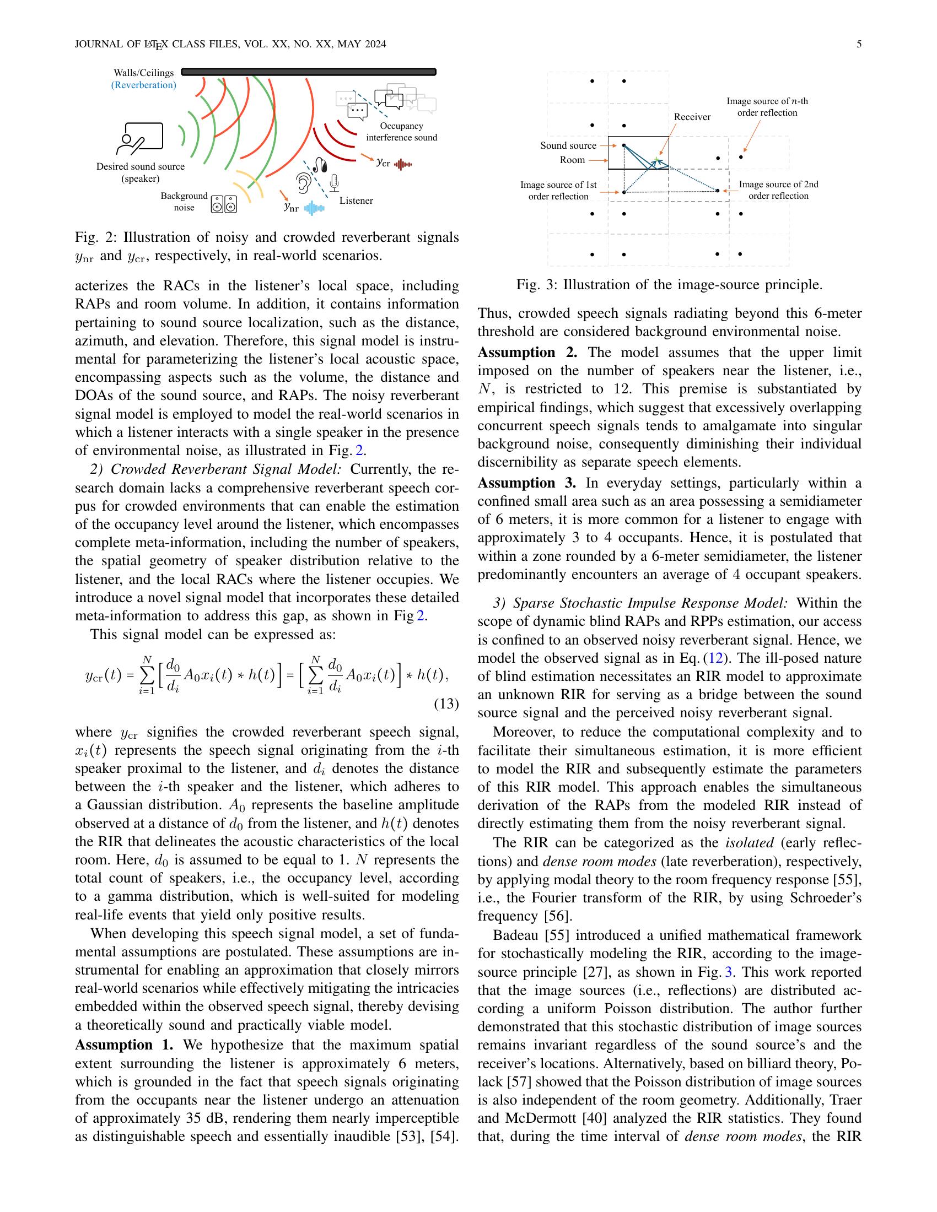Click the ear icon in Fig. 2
(303, 182)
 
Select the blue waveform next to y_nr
(314, 208)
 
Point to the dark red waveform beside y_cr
(403, 164)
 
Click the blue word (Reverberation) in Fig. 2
(144, 85)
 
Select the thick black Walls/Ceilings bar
(309, 72)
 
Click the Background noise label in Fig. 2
(184, 202)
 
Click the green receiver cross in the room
(656, 160)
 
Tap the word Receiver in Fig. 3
(692, 117)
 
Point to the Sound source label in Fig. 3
(568, 145)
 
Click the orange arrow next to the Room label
(597, 160)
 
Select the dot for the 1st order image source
(624, 192)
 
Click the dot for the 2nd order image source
(718, 191)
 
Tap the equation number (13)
(446, 704)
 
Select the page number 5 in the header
(859, 44)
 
